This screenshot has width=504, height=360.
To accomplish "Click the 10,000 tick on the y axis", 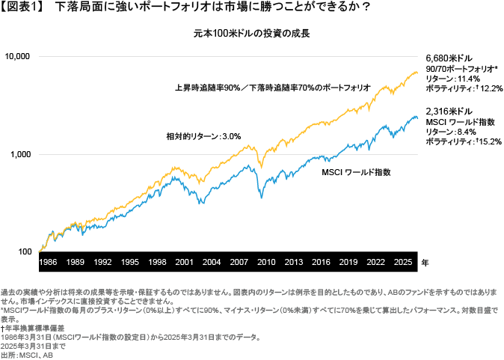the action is pos(17,56).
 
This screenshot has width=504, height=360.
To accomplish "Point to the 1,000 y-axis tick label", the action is pos(20,154).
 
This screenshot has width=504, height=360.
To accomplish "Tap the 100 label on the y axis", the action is pos(25,251).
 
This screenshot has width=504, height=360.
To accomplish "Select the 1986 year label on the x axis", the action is pos(48,262).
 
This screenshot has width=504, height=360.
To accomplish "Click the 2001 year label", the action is pos(184,262).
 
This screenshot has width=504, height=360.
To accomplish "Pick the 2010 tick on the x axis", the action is pos(266,262).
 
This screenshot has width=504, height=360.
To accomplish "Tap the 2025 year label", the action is pos(403,262).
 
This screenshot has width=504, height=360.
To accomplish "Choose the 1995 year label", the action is pos(129,262).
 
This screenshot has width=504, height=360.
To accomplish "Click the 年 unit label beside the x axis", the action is pos(425,263).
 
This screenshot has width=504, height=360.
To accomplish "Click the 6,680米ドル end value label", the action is pos(449,58).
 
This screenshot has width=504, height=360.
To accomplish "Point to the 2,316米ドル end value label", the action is pos(449,112).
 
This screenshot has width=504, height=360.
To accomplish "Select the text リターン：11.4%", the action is pos(453,79).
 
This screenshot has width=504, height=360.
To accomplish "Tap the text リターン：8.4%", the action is pos(451,132).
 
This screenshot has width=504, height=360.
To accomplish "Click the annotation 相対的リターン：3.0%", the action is pos(203,136).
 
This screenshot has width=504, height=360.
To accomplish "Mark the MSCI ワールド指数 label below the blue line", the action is pos(356,172).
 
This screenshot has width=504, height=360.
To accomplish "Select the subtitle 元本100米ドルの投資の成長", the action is pos(252,34).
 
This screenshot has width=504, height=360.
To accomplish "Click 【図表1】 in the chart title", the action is pos(21,7).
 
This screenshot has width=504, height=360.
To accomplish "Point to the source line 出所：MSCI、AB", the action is pos(27,356).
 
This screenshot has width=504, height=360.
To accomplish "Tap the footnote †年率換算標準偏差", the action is pos(32,328).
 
